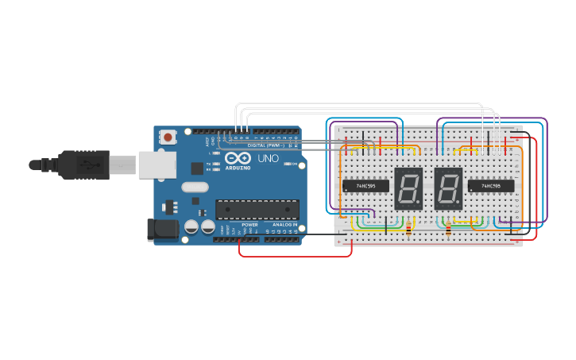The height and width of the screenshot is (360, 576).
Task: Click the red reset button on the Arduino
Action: [x=168, y=137]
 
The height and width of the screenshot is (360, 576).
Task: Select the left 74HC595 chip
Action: [x=365, y=186]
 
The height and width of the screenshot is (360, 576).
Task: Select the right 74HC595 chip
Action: [x=490, y=187]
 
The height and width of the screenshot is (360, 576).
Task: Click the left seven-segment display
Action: [x=408, y=188]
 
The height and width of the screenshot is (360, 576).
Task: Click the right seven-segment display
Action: [x=448, y=188]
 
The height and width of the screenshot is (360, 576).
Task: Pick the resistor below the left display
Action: [x=409, y=230]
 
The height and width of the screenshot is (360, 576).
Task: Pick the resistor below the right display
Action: [x=449, y=230]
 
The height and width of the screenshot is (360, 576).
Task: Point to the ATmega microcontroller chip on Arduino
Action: [x=257, y=210]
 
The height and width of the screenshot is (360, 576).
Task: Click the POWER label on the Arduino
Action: [x=250, y=225]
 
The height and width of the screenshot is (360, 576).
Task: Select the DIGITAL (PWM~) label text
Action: [x=266, y=145]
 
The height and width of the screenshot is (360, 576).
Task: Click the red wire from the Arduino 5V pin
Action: [x=294, y=256]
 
